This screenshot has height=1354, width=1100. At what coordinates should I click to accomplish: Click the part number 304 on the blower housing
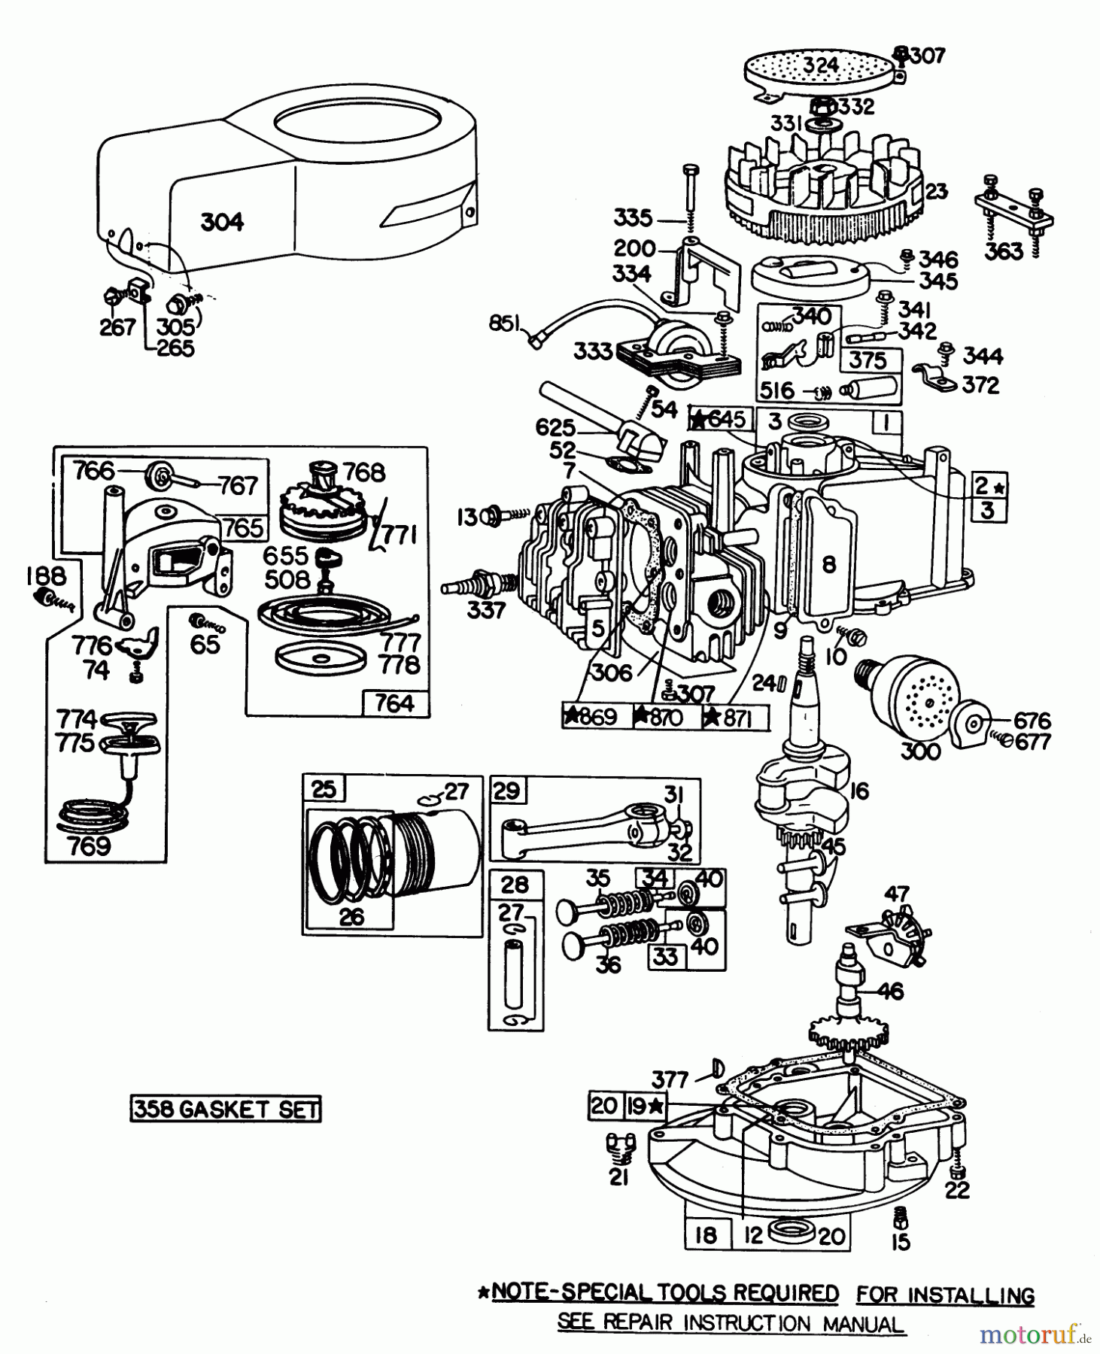[222, 222]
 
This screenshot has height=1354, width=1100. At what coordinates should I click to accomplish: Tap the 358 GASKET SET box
[226, 1110]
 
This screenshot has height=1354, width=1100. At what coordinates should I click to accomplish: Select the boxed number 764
[394, 703]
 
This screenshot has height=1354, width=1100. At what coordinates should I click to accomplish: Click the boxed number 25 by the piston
[324, 789]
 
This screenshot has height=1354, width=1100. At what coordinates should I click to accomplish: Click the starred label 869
[591, 718]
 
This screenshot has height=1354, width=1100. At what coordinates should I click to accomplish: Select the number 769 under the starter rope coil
[89, 846]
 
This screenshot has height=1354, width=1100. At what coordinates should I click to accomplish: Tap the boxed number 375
[868, 360]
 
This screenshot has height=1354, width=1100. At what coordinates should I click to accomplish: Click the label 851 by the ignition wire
[504, 323]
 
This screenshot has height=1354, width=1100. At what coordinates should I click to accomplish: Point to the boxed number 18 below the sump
[706, 1234]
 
